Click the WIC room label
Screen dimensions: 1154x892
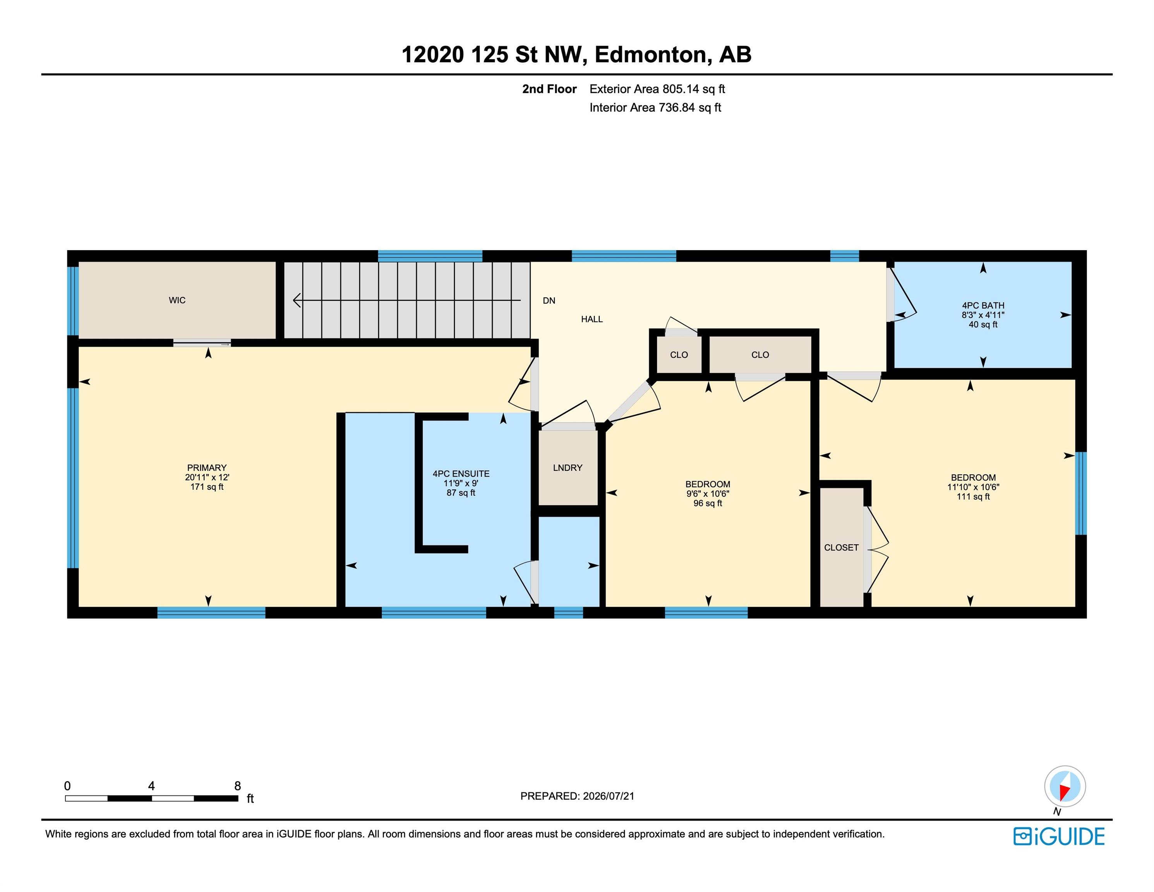tap(177, 300)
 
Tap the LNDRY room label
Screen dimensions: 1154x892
tap(568, 468)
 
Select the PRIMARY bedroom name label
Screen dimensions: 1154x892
tap(207, 468)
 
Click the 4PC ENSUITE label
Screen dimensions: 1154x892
tap(461, 474)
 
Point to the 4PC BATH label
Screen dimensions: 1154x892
tap(983, 305)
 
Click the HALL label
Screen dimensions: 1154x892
tap(592, 319)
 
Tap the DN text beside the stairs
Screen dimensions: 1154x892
tap(549, 301)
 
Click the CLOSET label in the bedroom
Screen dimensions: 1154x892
tap(841, 547)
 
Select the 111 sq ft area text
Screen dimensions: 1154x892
tap(973, 497)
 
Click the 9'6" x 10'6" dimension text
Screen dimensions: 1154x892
tap(708, 494)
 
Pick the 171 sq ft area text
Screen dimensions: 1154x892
tap(207, 487)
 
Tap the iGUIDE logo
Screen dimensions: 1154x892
tap(1059, 837)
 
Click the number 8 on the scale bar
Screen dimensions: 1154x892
tap(237, 786)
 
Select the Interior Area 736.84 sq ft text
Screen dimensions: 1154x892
tap(655, 108)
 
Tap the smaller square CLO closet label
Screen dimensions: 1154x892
tap(679, 355)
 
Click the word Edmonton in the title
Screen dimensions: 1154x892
tap(650, 55)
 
